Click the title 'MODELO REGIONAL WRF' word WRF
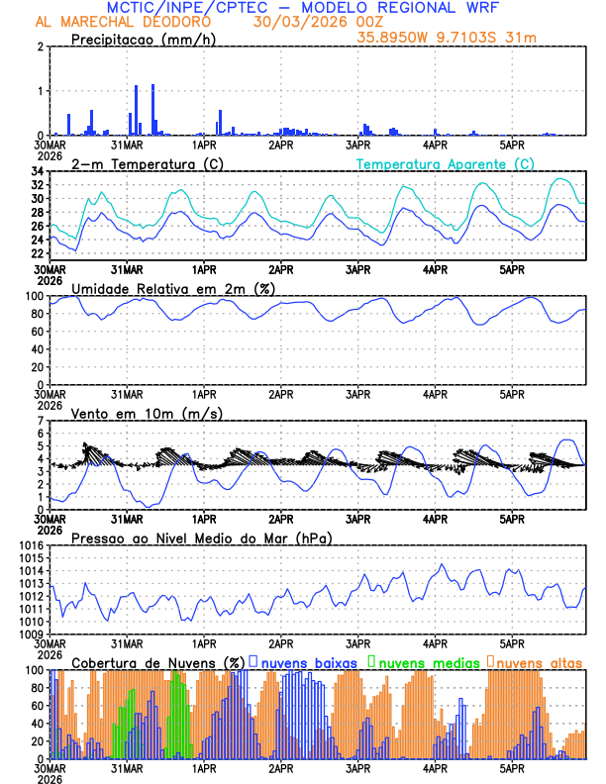click(x=476, y=8)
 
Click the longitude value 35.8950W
click(x=401, y=38)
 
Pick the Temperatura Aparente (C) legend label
click(x=446, y=163)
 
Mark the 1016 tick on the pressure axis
click(x=32, y=545)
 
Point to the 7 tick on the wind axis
click(x=42, y=421)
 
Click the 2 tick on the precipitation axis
click(x=42, y=47)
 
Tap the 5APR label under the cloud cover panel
click(x=511, y=767)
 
